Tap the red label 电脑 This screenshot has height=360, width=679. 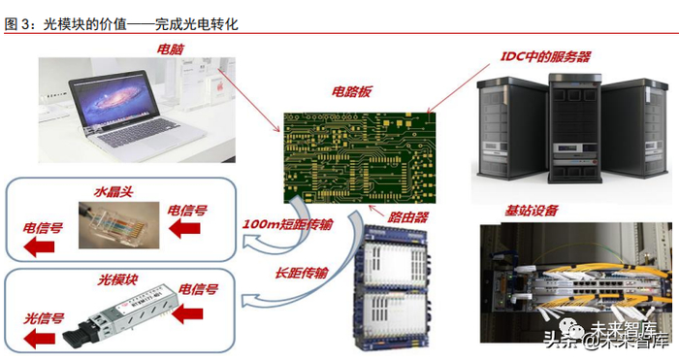click(170, 49)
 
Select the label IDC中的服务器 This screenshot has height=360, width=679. click(545, 56)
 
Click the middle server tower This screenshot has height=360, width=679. click(575, 128)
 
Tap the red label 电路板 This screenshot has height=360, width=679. click(351, 91)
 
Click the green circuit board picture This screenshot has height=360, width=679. click(360, 158)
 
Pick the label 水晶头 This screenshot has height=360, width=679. click(113, 192)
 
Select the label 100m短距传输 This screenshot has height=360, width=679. click(287, 224)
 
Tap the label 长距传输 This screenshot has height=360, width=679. click(302, 273)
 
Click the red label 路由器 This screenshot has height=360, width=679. click(407, 217)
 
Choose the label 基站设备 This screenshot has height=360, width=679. click(532, 211)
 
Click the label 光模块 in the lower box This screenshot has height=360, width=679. click(117, 279)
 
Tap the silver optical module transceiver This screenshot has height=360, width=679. click(116, 315)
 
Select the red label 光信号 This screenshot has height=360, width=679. click(44, 319)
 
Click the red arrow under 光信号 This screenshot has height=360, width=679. click(40, 339)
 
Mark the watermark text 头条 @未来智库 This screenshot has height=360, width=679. click(607, 338)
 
